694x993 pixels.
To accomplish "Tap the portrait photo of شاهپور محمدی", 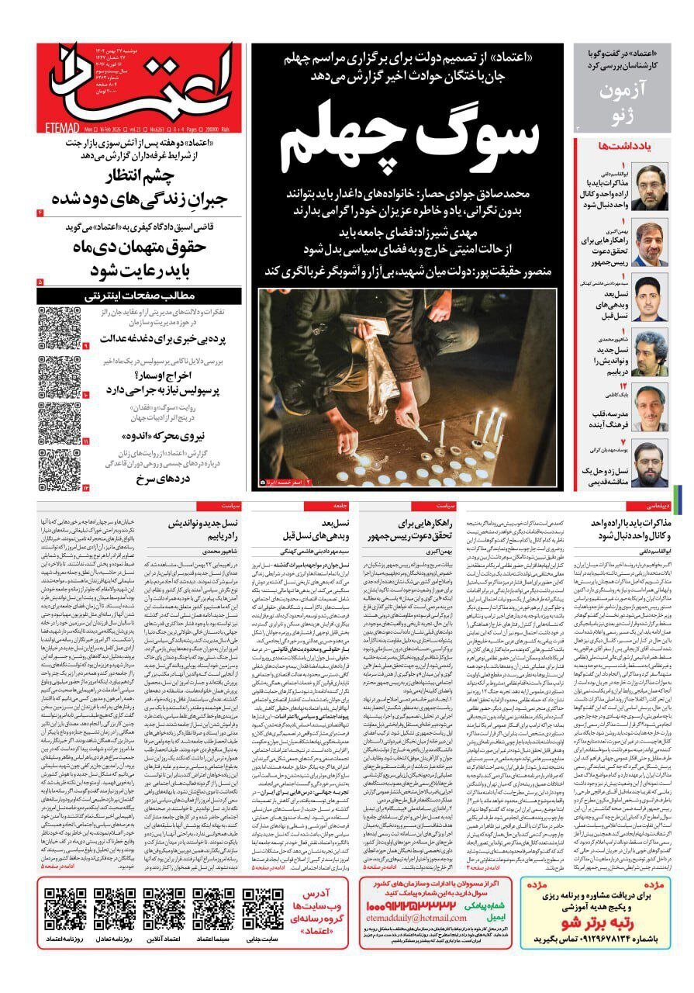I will click(649, 354).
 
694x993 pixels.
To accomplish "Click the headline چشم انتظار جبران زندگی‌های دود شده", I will click(132, 187).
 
